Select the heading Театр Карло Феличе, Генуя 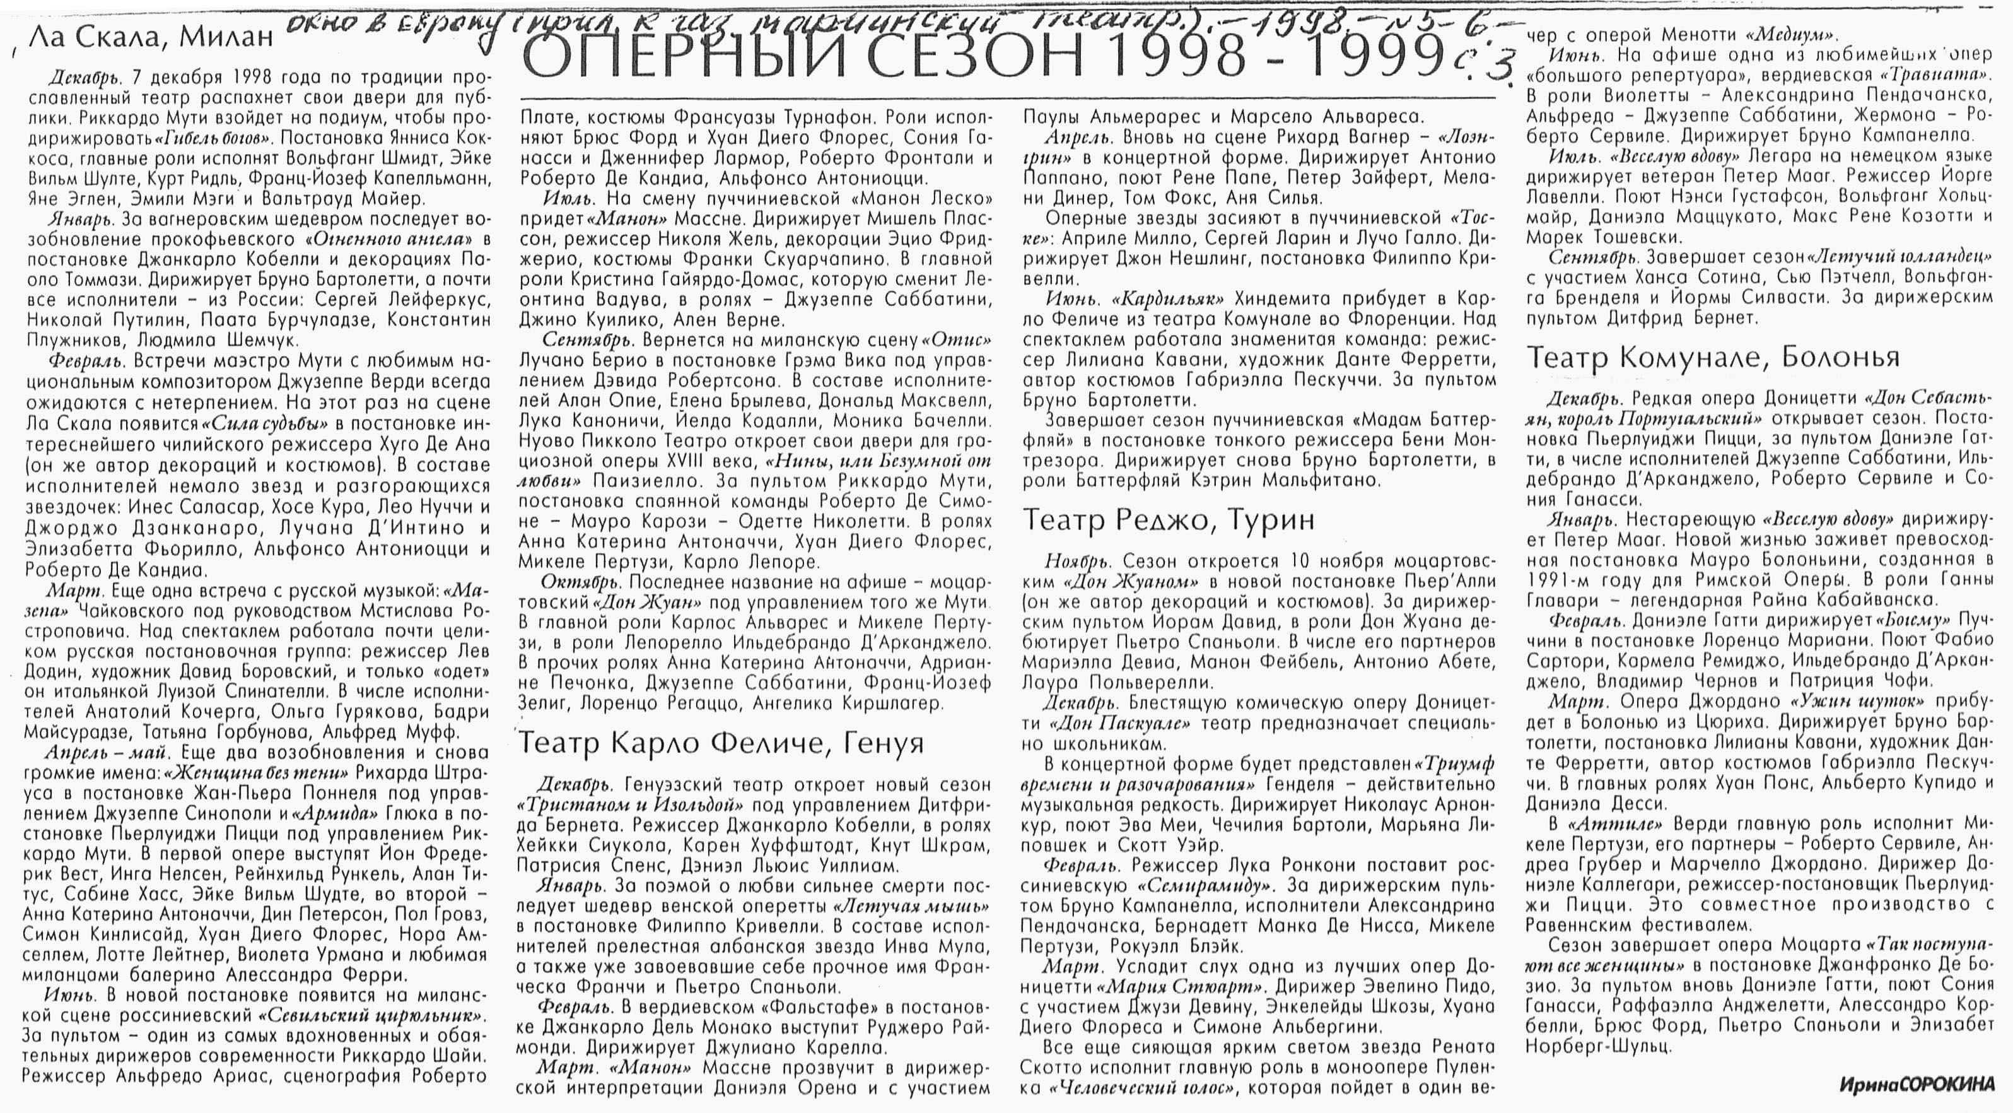click(x=720, y=743)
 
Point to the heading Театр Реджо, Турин click(x=1168, y=520)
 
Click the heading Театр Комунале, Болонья click(x=1712, y=358)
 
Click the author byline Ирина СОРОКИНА click(x=1915, y=1084)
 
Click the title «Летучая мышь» click(x=911, y=907)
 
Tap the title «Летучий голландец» click(x=1902, y=257)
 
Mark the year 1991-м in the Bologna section click(x=1563, y=580)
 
